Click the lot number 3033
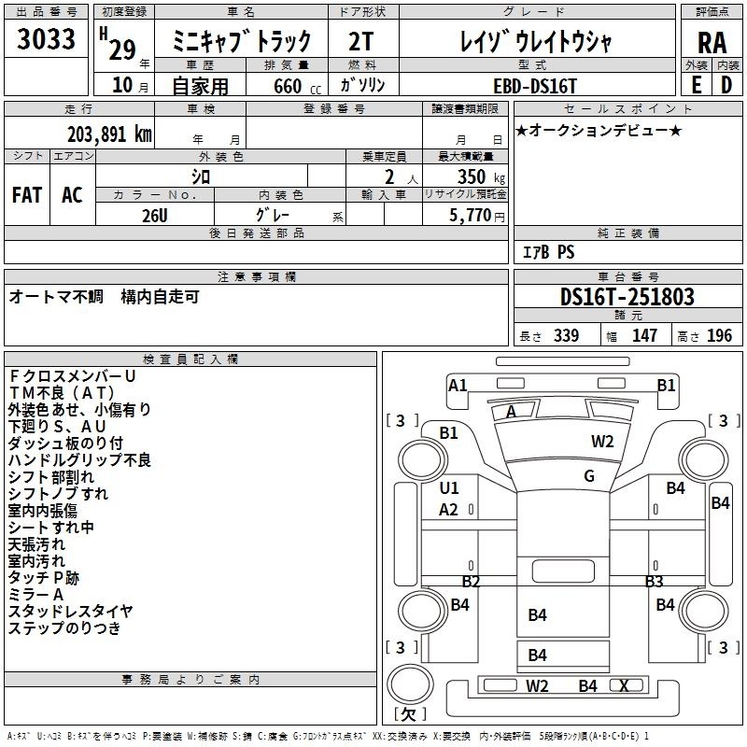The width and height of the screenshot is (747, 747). click(47, 41)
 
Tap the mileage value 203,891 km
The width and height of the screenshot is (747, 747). click(109, 134)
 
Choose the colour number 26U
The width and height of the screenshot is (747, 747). click(155, 215)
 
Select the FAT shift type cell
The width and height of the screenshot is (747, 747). click(27, 195)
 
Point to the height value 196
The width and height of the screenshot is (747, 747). click(719, 335)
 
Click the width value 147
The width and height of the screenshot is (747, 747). click(644, 335)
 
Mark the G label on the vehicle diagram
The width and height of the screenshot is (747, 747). click(589, 476)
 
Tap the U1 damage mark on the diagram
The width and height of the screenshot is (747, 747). click(449, 488)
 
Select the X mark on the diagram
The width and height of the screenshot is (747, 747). click(624, 686)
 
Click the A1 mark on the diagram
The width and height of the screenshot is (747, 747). click(458, 385)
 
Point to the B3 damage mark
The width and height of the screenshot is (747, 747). click(654, 582)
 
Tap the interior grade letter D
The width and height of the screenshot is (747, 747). click(726, 85)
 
